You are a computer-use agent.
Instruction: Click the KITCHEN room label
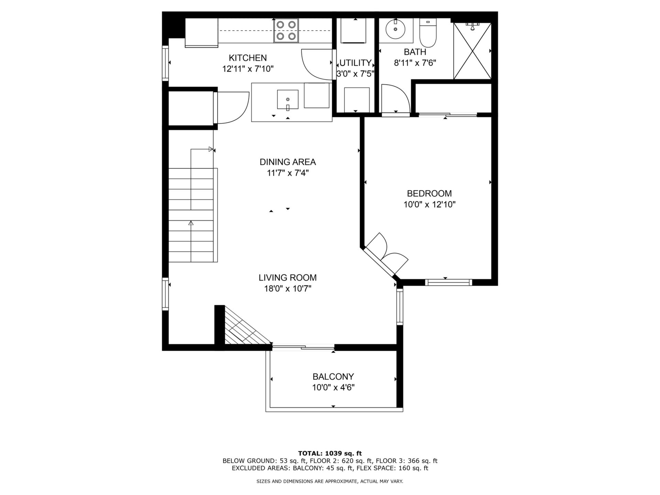[248, 58]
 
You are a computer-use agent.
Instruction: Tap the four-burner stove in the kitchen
[286, 30]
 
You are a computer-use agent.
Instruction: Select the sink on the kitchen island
[288, 100]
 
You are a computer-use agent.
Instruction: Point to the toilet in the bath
[428, 33]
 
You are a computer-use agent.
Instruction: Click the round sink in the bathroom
[395, 29]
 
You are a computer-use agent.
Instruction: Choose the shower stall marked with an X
[473, 51]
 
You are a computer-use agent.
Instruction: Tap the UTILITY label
[355, 63]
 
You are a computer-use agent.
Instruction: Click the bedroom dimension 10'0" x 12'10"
[429, 205]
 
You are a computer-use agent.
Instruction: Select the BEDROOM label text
[429, 194]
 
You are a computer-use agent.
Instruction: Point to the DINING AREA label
[288, 162]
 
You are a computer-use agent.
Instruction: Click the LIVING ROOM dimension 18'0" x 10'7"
[288, 288]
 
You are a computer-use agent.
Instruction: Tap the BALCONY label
[333, 376]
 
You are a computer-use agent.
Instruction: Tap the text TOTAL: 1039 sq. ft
[330, 453]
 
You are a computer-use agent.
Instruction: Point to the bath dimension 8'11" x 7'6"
[415, 63]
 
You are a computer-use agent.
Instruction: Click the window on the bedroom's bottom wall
[449, 282]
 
